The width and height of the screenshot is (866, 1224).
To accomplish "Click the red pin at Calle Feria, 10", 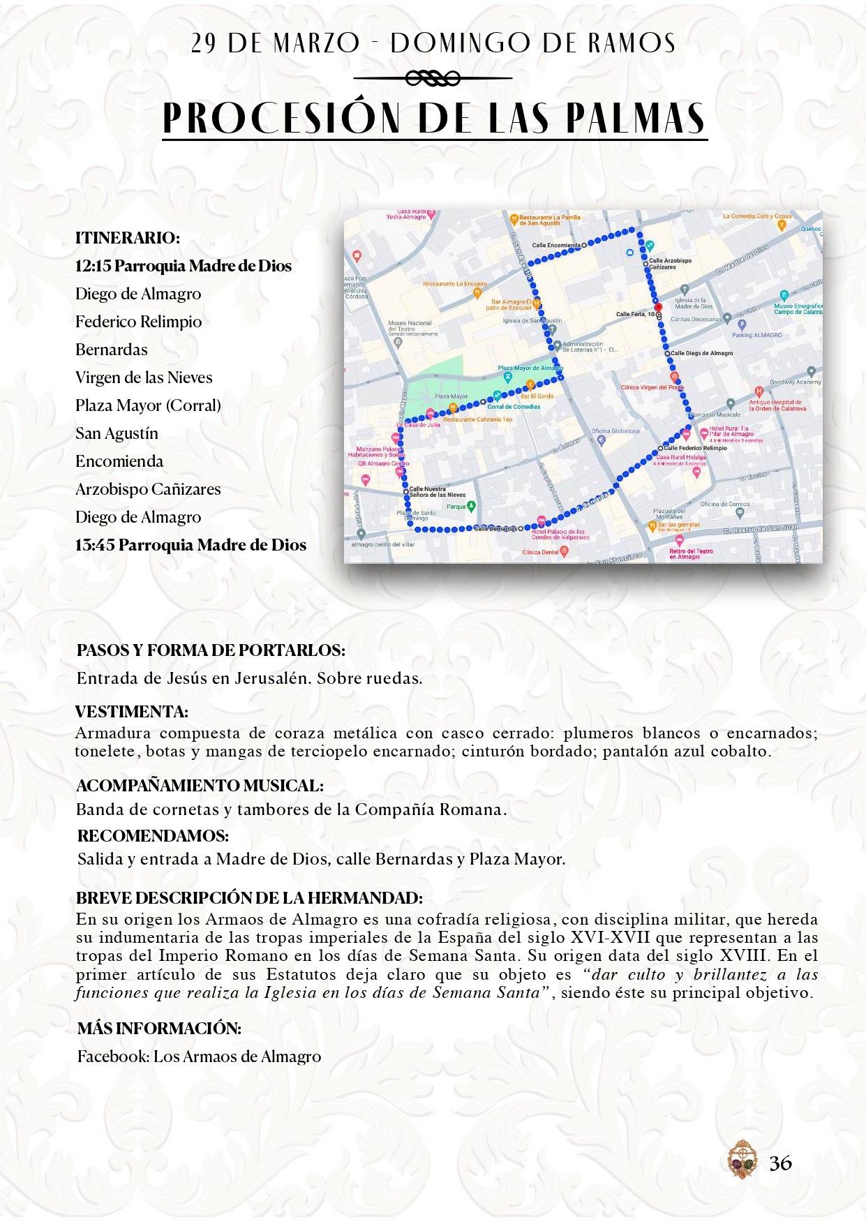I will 658,307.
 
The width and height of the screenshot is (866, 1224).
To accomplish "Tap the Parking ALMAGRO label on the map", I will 757,335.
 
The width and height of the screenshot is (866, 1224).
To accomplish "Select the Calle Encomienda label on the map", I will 556,245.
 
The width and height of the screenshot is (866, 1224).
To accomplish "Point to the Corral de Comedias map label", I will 514,406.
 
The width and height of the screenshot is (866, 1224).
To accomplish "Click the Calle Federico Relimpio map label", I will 695,448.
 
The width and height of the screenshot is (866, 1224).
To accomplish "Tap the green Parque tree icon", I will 472,506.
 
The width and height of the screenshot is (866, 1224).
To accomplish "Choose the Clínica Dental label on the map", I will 541,552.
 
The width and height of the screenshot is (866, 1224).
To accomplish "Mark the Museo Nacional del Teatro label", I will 410,326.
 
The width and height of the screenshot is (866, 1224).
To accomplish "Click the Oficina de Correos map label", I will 725,504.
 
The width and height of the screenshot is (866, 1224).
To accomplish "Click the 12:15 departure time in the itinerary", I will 93,266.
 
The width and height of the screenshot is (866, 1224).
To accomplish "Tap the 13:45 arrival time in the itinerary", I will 95,545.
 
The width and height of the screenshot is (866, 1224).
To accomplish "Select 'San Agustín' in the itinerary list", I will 117,433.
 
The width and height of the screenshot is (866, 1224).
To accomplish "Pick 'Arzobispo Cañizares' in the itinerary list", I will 148,489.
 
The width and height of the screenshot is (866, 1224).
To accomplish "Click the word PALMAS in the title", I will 634,118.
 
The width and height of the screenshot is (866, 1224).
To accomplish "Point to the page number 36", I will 780,1163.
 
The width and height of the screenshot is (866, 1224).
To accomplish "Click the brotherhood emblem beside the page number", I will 742,1159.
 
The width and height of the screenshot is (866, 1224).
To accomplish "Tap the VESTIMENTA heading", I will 132,712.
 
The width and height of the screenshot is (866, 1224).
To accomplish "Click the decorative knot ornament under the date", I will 433,78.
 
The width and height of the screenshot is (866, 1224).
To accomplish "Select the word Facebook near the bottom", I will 112,1057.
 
